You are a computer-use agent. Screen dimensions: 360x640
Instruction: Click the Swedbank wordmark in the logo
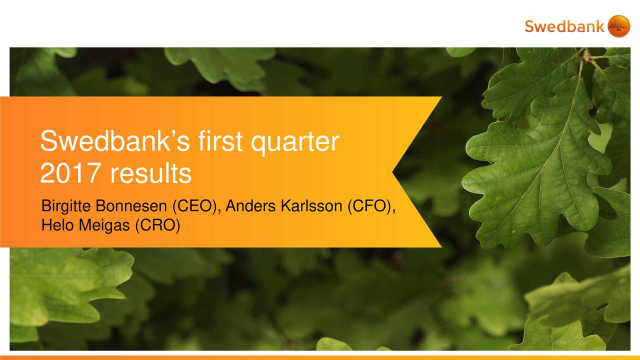[564, 26]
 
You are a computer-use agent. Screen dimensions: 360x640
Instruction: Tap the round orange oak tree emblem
[618, 26]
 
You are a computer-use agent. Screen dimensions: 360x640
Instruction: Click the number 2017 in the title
[71, 174]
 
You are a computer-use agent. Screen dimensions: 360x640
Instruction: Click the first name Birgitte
[66, 206]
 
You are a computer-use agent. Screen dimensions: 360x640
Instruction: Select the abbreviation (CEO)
[195, 206]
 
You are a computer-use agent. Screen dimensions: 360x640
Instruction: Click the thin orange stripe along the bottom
[320, 357]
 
